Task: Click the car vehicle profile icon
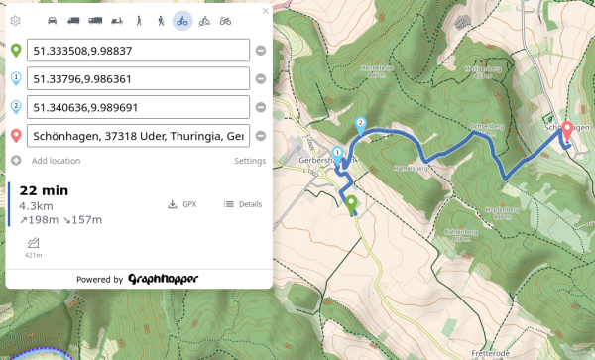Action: click(x=52, y=21)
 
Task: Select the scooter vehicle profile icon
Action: click(x=116, y=21)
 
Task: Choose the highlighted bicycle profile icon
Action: click(x=181, y=21)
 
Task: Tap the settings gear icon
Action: click(x=15, y=21)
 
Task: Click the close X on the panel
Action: click(x=265, y=11)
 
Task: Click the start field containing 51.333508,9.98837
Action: click(x=138, y=51)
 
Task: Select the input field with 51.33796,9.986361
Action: click(x=138, y=78)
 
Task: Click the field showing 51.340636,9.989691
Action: click(x=138, y=107)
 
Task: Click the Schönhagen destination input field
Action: click(x=138, y=136)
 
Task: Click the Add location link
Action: click(x=56, y=161)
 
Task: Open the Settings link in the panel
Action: click(x=249, y=161)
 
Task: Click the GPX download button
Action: click(x=182, y=204)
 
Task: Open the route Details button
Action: click(x=243, y=204)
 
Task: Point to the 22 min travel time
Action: click(x=44, y=190)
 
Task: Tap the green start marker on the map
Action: click(x=350, y=203)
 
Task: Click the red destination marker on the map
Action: click(x=568, y=130)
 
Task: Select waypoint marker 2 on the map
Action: click(x=360, y=125)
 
